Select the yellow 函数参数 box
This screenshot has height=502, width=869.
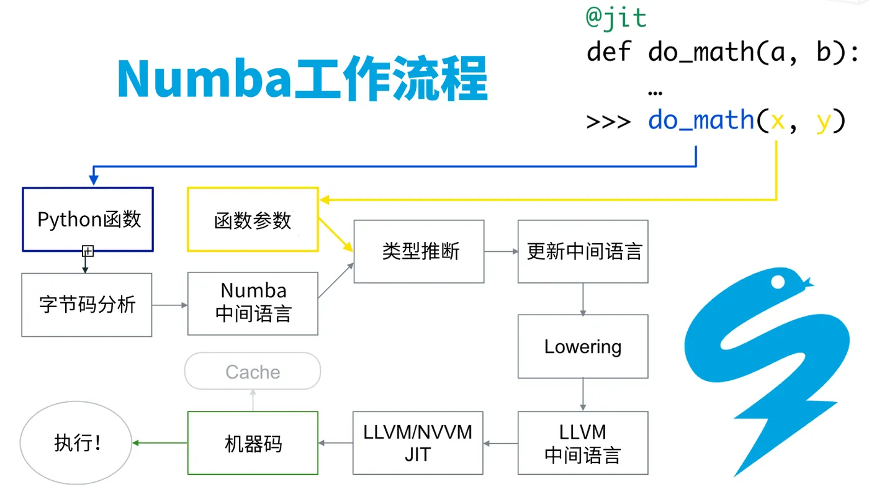253,220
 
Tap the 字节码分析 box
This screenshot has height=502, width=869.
86,305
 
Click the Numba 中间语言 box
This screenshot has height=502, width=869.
253,303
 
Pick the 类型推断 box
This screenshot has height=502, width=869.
419,251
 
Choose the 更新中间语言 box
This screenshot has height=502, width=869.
583,251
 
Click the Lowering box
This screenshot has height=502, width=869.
583,346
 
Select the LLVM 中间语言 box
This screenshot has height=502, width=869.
583,443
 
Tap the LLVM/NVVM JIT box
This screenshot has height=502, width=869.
418,443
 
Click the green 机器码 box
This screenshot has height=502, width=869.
253,443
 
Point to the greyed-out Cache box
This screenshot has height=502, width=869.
253,372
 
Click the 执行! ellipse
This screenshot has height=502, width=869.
76,443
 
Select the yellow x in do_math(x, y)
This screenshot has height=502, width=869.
777,119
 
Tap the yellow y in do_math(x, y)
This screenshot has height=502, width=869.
822,119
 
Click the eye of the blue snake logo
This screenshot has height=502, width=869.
778,283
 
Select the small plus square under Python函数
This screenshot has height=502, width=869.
88,251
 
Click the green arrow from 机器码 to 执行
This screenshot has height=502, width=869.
160,442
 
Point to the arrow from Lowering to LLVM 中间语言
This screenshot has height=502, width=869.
583,395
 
